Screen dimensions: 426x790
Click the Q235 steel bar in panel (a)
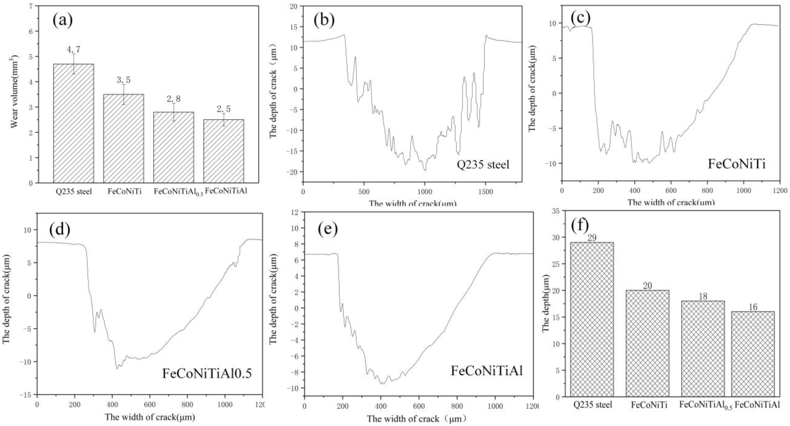click(x=74, y=123)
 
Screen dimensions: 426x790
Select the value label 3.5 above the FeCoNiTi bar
click(x=124, y=80)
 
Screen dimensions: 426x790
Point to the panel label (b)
click(x=324, y=20)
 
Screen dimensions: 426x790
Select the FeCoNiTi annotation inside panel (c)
click(x=736, y=164)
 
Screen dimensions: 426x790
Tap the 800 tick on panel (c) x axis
click(x=707, y=191)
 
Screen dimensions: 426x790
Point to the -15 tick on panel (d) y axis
click(x=28, y=395)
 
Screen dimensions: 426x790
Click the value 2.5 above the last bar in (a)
click(x=224, y=109)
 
